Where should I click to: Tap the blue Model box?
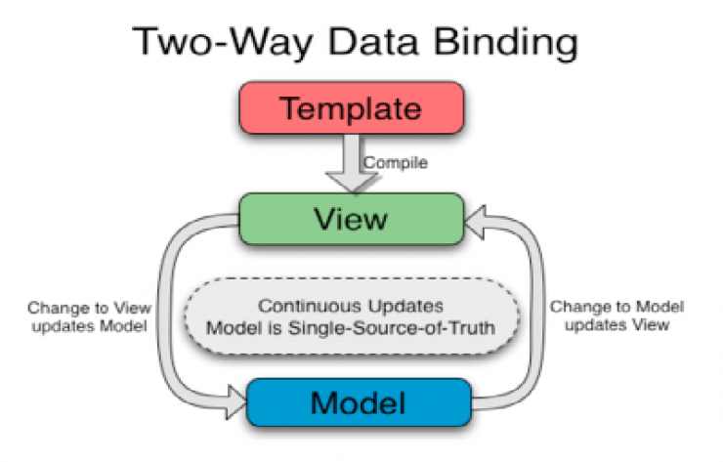pyautogui.click(x=359, y=401)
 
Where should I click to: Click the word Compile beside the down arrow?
pyautogui.click(x=396, y=163)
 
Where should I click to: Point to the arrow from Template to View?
pyautogui.click(x=345, y=166)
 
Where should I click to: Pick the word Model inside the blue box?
pyautogui.click(x=359, y=401)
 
